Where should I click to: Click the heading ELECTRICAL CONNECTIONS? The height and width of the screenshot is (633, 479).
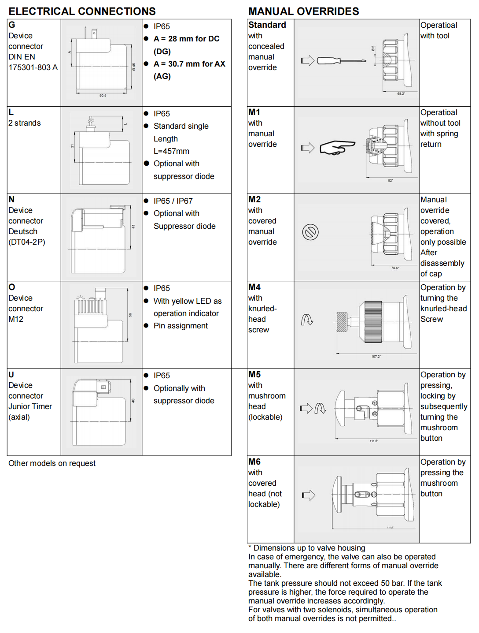pyautogui.click(x=82, y=11)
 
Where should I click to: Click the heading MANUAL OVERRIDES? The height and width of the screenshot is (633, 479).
pyautogui.click(x=303, y=11)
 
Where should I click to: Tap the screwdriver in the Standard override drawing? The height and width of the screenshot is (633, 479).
pyautogui.click(x=341, y=60)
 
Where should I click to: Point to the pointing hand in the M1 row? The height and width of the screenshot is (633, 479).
pyautogui.click(x=336, y=147)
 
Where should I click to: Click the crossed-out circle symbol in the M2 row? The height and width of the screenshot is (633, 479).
pyautogui.click(x=310, y=232)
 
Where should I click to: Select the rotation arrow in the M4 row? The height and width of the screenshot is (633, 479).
pyautogui.click(x=307, y=320)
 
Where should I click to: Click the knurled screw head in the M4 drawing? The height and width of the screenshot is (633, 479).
pyautogui.click(x=342, y=322)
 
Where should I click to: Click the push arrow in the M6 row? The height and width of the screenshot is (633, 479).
pyautogui.click(x=309, y=495)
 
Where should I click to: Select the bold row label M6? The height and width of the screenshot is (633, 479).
pyautogui.click(x=254, y=462)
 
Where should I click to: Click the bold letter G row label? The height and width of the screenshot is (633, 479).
pyautogui.click(x=12, y=25)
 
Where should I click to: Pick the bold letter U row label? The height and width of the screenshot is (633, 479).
pyautogui.click(x=11, y=374)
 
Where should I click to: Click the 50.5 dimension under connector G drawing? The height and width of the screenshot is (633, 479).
pyautogui.click(x=103, y=95)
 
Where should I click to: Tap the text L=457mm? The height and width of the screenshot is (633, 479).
pyautogui.click(x=171, y=151)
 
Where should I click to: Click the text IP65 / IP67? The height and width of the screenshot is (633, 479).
pyautogui.click(x=173, y=201)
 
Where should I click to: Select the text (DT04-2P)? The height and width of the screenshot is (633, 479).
pyautogui.click(x=27, y=242)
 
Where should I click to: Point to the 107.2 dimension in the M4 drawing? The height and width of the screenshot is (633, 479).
pyautogui.click(x=376, y=356)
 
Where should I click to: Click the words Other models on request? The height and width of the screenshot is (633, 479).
pyautogui.click(x=52, y=463)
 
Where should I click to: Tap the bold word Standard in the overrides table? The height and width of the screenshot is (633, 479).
pyautogui.click(x=267, y=25)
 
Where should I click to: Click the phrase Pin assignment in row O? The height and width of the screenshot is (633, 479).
pyautogui.click(x=181, y=325)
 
